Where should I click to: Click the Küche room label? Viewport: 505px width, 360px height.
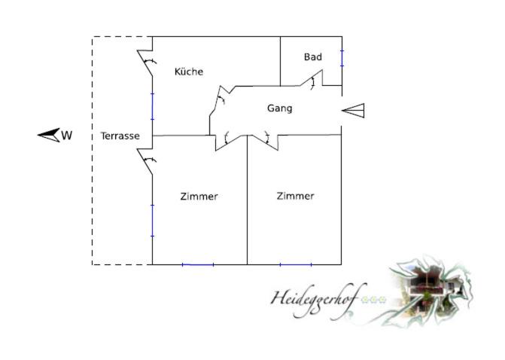coord(189,72)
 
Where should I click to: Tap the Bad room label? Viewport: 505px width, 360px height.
coord(313,56)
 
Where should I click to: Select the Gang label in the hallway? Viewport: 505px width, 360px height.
coord(279,108)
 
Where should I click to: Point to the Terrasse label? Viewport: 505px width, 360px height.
coord(120,136)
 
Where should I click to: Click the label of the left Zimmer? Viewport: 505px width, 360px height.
coord(199,197)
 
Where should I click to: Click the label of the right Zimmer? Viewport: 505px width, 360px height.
coord(295,196)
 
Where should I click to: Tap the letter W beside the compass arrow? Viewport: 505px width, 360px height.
coord(66,136)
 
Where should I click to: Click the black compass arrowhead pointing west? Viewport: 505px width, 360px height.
coord(49,135)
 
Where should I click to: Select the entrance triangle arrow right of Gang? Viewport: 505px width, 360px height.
coord(353,111)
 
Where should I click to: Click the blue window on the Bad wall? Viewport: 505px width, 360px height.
coord(342,58)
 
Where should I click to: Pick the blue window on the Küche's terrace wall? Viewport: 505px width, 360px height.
coord(152,106)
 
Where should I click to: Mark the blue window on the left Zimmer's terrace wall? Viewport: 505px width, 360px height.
coord(152,221)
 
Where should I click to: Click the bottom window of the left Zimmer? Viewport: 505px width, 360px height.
coord(198,264)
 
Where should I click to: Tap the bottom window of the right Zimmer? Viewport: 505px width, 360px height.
coord(296,264)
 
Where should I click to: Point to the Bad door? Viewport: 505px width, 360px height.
coord(312,78)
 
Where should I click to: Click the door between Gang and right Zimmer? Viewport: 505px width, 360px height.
coord(266,142)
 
